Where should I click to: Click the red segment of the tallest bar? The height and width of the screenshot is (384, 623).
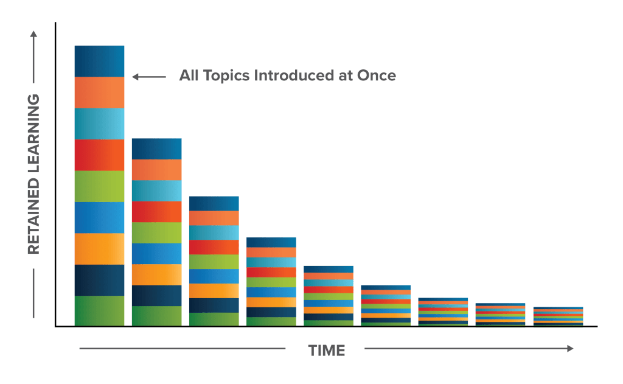99,155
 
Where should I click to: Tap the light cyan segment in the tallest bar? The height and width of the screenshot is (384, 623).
99,124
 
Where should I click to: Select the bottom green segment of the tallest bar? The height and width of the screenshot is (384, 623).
99,311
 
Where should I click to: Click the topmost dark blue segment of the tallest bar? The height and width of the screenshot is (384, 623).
99,61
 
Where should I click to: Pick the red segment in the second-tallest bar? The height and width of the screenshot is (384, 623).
157,212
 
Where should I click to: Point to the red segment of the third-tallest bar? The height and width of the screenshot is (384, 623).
214,247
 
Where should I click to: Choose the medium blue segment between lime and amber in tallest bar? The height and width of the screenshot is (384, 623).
99,217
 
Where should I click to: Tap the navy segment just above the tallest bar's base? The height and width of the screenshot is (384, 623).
99,280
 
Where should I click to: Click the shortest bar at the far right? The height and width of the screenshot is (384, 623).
558,316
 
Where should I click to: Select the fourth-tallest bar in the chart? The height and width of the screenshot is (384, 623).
271,282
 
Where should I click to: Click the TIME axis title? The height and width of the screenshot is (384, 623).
327,351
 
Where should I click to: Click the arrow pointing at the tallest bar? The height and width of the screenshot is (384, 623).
148,77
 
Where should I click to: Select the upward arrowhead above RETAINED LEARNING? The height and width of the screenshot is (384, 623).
33,34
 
